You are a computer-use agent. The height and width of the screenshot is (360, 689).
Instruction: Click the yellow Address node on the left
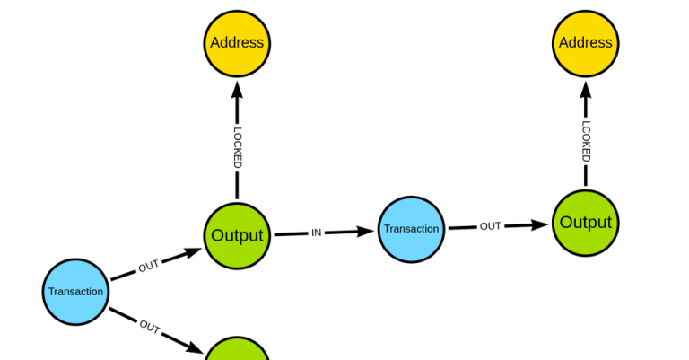[x=237, y=42]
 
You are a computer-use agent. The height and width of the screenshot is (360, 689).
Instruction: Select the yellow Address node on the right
[x=586, y=42]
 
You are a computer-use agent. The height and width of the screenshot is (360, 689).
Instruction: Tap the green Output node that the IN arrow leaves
[x=237, y=235]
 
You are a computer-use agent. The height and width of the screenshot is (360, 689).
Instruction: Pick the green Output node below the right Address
[x=586, y=223]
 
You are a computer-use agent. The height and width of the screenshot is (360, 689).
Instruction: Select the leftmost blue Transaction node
[x=76, y=291]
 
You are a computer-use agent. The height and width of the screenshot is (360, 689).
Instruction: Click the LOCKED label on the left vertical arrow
[x=238, y=148]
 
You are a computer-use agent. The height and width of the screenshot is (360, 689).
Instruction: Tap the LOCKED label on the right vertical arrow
[x=586, y=141]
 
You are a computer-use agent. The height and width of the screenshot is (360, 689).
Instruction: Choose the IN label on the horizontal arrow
[x=316, y=233]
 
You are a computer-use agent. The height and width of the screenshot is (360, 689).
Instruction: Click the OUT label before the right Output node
[x=490, y=226]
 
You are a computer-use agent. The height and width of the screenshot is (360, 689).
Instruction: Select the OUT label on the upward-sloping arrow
[x=148, y=267]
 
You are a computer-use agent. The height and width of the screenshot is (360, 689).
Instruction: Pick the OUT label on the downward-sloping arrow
[x=150, y=327]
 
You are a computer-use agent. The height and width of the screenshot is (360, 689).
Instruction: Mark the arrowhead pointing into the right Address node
[x=586, y=88]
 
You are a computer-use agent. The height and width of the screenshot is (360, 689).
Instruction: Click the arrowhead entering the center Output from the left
[x=193, y=252]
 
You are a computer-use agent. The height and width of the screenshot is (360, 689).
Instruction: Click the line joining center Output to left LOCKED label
[x=238, y=186]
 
